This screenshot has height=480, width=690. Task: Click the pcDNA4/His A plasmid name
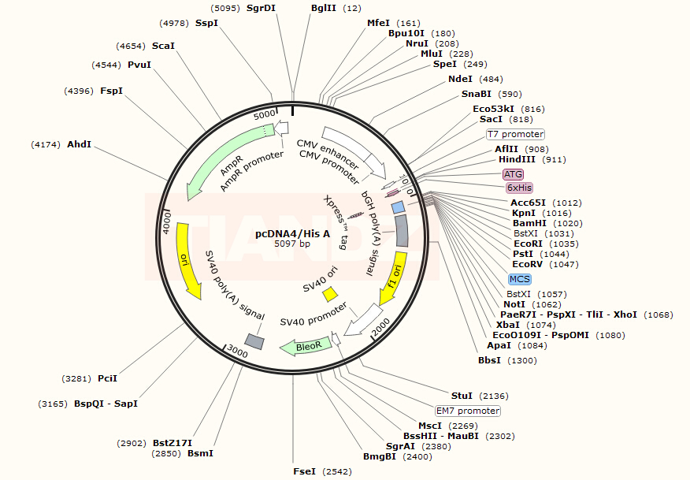292,233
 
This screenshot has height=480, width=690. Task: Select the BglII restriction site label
324,8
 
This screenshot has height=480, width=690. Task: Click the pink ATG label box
513,174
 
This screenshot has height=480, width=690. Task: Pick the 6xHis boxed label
519,188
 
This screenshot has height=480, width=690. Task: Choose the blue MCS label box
519,279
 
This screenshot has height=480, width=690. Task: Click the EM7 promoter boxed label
468,411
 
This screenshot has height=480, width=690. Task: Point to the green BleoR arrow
304,346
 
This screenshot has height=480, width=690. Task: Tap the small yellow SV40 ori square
331,293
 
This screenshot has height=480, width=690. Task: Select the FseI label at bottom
304,471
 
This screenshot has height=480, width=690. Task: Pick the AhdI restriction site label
79,144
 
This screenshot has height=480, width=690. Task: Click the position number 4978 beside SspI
173,23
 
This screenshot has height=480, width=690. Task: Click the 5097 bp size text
292,244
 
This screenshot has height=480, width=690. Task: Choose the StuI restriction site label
462,396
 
